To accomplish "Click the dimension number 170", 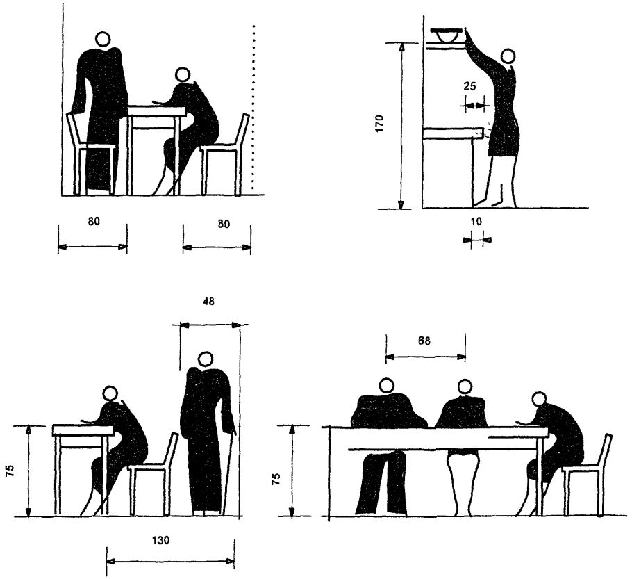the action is (x=379, y=124).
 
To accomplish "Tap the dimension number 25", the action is (x=470, y=86).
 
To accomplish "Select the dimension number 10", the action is (x=476, y=222).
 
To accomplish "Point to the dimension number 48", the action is (x=209, y=302).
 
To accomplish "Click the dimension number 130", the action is (x=161, y=540).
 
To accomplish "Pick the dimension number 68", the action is (x=424, y=341).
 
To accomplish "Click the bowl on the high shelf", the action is (x=447, y=35).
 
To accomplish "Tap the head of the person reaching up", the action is (x=508, y=56).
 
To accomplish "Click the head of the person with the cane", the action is (x=206, y=359).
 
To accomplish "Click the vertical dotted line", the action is (x=253, y=107).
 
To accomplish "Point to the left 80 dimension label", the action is (x=94, y=221).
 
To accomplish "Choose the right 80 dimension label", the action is (x=224, y=224).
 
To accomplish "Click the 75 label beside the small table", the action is (x=10, y=471).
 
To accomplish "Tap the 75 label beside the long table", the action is (x=276, y=479).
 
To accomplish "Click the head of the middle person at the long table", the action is (x=465, y=386).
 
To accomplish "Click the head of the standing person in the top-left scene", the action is (x=103, y=39).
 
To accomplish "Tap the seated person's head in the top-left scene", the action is (x=183, y=74).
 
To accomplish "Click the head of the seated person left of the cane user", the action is (x=110, y=393).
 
